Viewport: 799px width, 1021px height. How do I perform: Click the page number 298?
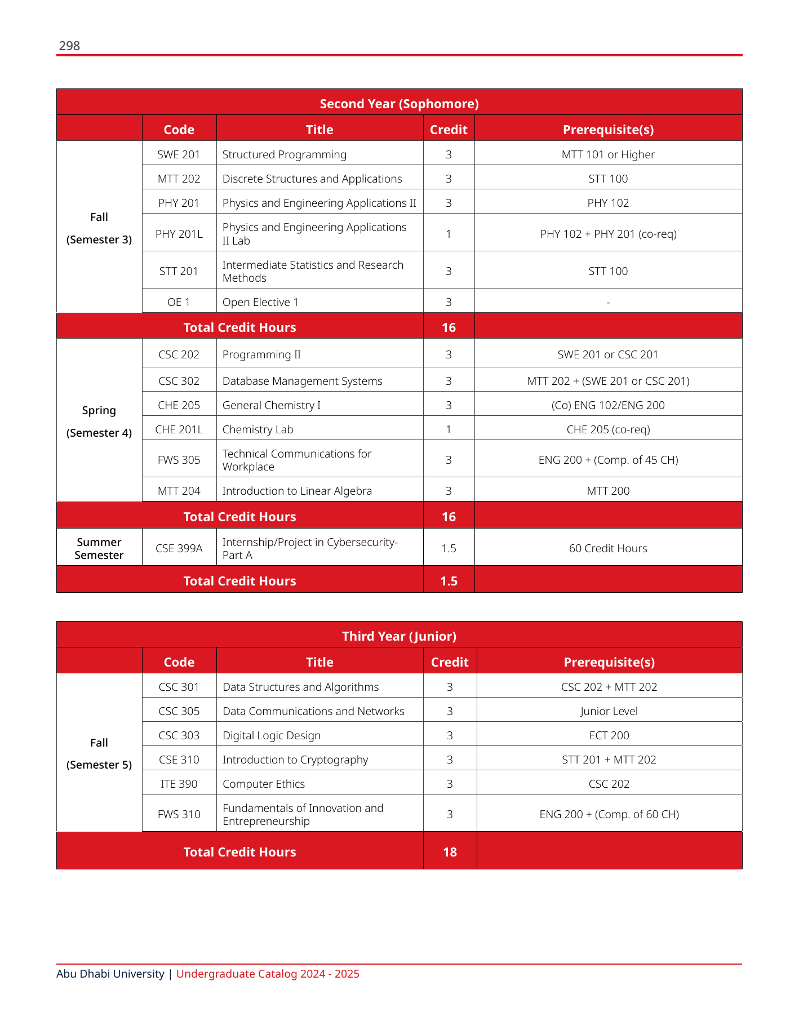click(x=69, y=46)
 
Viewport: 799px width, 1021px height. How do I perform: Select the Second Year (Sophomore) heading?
click(x=399, y=104)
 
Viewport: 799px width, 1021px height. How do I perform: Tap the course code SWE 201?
click(x=179, y=154)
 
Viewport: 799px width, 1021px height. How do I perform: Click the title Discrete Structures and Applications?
click(x=312, y=179)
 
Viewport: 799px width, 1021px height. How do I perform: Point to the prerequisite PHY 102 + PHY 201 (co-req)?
click(x=608, y=234)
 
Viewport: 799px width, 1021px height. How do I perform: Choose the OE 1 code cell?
click(x=179, y=302)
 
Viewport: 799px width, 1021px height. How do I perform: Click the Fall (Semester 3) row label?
click(x=99, y=228)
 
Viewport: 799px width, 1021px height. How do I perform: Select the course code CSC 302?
click(x=179, y=381)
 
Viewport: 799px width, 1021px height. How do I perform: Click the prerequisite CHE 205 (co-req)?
click(x=608, y=429)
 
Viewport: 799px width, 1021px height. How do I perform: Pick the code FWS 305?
click(x=179, y=460)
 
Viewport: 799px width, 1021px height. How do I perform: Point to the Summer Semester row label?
click(x=99, y=548)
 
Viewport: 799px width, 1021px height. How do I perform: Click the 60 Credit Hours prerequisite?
click(x=608, y=548)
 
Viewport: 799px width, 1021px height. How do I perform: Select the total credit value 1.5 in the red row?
click(x=449, y=581)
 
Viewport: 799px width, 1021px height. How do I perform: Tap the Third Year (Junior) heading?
click(x=399, y=636)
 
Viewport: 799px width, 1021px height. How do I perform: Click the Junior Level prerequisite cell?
click(x=609, y=711)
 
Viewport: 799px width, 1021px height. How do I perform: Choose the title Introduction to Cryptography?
click(x=295, y=760)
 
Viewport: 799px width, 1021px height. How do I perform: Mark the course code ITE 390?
click(x=179, y=784)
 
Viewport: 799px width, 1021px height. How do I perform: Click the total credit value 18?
click(x=450, y=852)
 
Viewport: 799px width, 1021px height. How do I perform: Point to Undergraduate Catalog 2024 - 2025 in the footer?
click(x=268, y=974)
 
